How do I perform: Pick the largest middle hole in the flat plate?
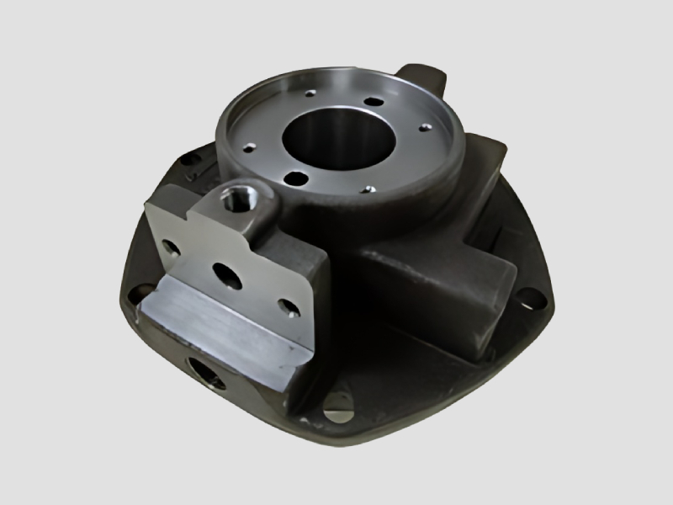tap(228, 275)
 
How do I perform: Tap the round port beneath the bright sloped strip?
tap(205, 371)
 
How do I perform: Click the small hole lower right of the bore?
tap(367, 189)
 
